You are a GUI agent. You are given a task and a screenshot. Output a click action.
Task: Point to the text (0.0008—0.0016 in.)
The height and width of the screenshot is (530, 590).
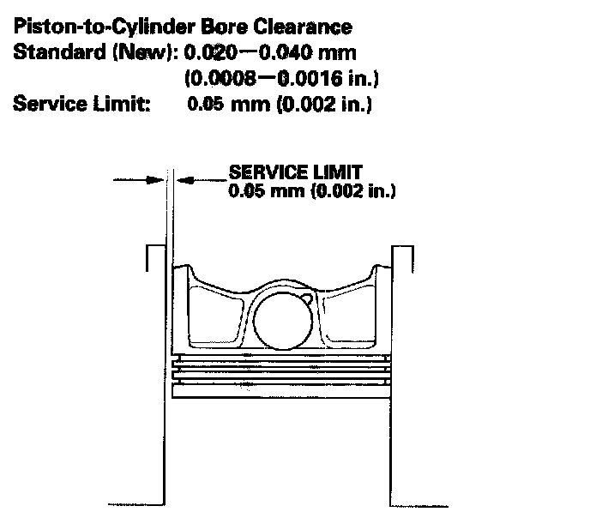(x=282, y=79)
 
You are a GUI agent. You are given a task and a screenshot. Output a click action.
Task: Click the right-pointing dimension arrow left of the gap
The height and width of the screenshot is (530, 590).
(x=153, y=179)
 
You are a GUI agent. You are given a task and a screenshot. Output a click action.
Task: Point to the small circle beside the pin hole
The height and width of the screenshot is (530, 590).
(x=306, y=300)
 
